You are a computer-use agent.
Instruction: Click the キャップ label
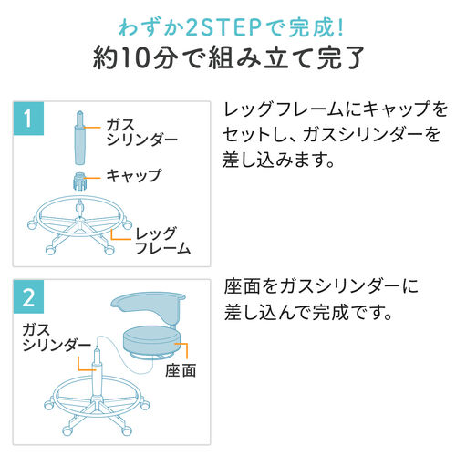point(130,175)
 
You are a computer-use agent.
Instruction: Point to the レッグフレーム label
point(161,239)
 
